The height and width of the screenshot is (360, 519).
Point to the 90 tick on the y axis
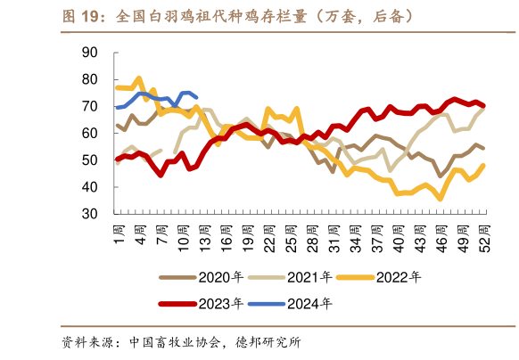89,53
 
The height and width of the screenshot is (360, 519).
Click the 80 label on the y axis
89,79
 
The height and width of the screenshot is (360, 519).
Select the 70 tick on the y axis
89,106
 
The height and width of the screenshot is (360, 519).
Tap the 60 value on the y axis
89,133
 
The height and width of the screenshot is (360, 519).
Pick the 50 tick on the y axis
89,160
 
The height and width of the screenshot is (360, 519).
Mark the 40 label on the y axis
89,187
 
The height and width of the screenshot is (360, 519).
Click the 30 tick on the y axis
89,214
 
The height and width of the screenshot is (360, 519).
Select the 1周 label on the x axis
119,237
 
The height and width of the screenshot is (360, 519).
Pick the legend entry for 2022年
397,277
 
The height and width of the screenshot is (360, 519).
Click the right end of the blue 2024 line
196,97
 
